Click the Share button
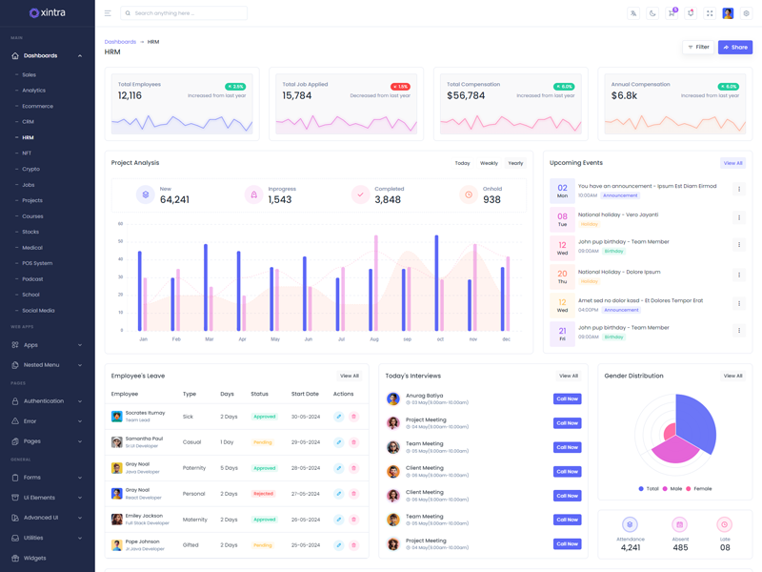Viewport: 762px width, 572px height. point(734,47)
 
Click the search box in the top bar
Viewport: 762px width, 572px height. point(185,13)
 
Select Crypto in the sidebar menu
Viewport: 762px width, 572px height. point(30,169)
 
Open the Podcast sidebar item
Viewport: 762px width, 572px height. point(32,279)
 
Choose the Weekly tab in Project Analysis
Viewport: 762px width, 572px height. point(489,163)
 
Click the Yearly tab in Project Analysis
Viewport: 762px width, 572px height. point(515,163)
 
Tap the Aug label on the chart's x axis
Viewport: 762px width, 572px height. point(373,339)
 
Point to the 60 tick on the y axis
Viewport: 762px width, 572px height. point(120,224)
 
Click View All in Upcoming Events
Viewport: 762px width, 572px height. point(732,163)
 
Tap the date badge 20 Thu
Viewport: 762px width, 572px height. point(562,276)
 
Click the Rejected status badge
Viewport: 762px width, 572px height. point(263,494)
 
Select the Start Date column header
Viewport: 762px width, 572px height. point(305,394)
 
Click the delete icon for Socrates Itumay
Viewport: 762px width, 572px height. point(353,417)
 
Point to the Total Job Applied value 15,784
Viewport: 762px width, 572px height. point(297,95)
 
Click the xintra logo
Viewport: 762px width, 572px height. point(47,12)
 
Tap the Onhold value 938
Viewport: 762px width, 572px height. point(491,199)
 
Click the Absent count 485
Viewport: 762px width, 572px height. point(679,548)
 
